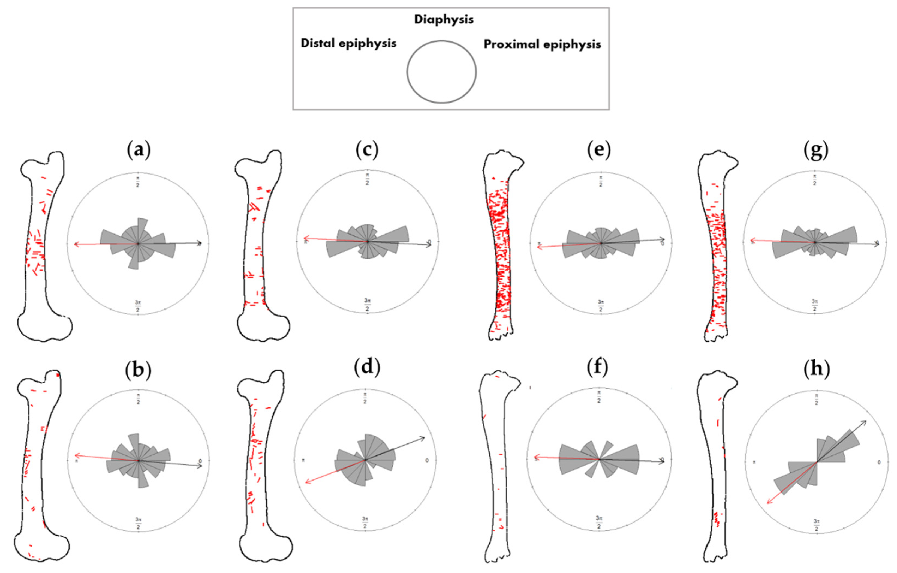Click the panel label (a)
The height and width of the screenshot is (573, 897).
tap(139, 150)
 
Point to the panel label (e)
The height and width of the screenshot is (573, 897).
tap(599, 150)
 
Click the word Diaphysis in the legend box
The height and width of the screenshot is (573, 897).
tap(444, 19)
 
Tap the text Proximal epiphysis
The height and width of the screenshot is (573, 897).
tap(542, 44)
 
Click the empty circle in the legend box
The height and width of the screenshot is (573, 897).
tap(441, 71)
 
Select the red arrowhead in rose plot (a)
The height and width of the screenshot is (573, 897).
tap(76, 244)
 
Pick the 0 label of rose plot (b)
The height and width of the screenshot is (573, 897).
tap(200, 461)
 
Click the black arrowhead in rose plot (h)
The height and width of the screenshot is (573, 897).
tap(864, 422)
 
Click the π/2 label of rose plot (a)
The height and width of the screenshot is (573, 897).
tap(138, 179)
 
